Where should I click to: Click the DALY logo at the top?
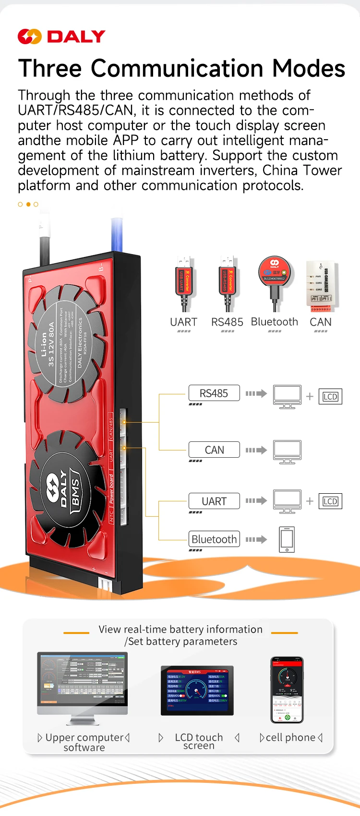point(61,37)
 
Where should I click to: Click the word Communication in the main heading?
point(177,68)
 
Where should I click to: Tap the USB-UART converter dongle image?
point(183,283)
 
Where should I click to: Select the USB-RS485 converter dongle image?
point(228,283)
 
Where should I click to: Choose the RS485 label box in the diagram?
point(214,393)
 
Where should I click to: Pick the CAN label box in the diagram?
point(214,450)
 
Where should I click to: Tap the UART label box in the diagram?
point(214,501)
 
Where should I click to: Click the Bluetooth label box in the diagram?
point(214,539)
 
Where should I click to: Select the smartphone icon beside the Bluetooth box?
point(287,539)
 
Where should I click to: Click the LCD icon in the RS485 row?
point(330,397)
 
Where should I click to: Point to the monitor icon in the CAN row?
point(287,451)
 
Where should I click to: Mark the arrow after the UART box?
point(256,500)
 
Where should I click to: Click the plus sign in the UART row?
point(310,501)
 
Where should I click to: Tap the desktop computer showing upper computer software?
point(83,687)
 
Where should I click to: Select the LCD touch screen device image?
point(197,690)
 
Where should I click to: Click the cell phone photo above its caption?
point(287,690)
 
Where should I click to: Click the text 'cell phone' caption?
point(291,737)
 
